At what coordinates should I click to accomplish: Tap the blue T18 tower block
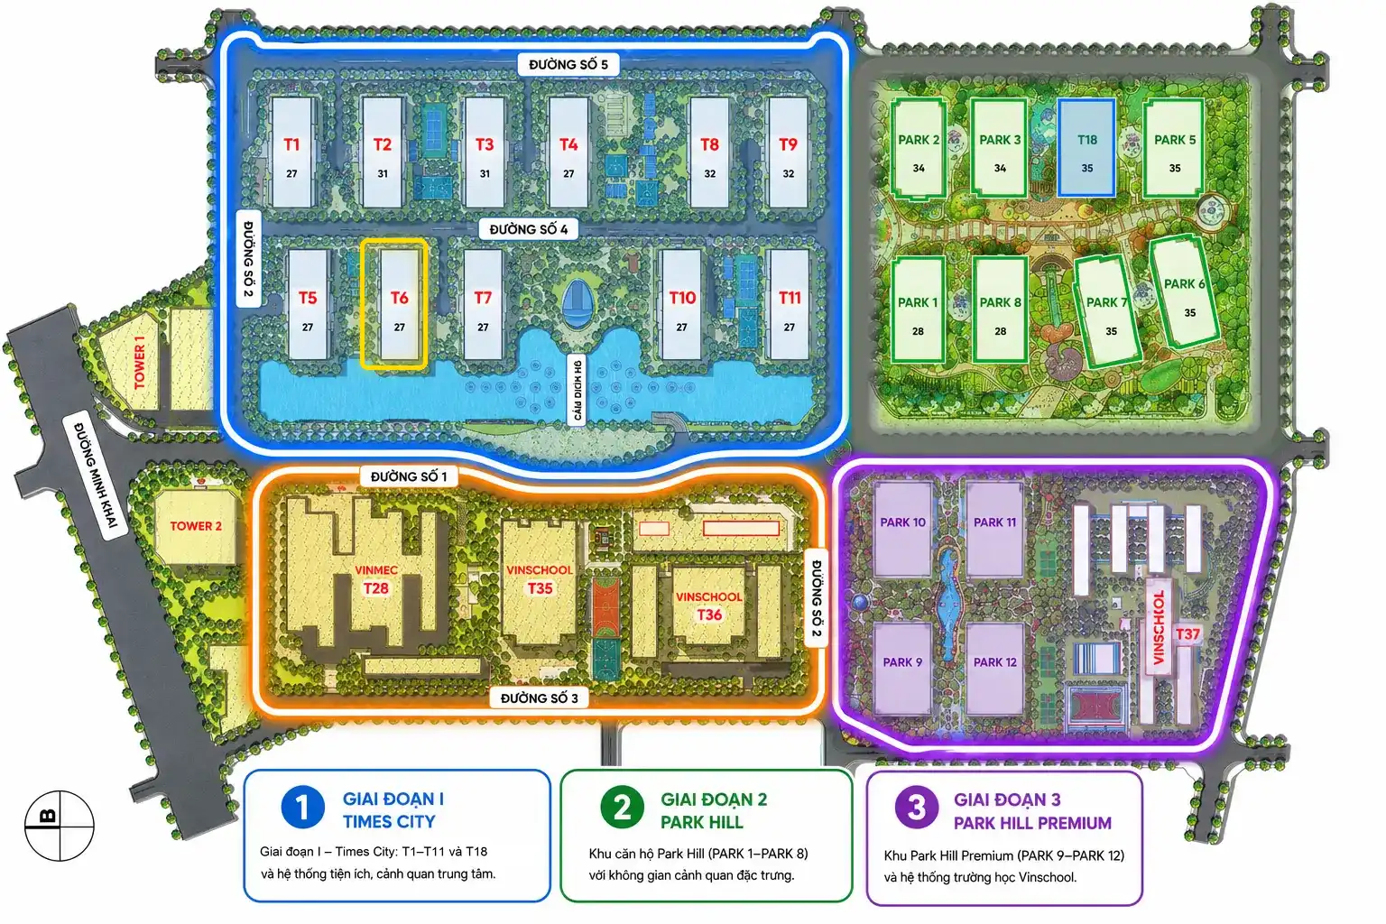coord(1086,147)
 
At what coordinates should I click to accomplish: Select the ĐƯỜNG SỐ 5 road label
coord(568,64)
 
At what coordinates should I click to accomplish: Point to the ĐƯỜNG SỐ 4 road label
coord(529,229)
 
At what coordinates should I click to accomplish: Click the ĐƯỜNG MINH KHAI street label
coord(96,476)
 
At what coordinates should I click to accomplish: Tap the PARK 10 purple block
coord(902,529)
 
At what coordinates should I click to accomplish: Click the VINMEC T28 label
coord(376,579)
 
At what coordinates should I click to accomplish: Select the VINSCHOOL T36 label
coord(709,605)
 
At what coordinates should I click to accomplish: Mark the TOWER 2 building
coord(196,527)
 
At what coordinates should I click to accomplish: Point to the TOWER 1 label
coord(139,362)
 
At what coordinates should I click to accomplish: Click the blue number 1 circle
coord(302,808)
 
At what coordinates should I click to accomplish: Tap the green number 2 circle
coord(622,808)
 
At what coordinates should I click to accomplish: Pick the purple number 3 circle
coord(917,808)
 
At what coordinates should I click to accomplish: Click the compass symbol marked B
coord(60,826)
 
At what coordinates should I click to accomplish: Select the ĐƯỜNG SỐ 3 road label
coord(539,698)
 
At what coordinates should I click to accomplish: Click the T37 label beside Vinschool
coord(1187,634)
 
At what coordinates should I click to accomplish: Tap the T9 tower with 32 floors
coord(788,152)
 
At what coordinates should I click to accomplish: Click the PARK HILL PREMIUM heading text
coord(1032,823)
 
